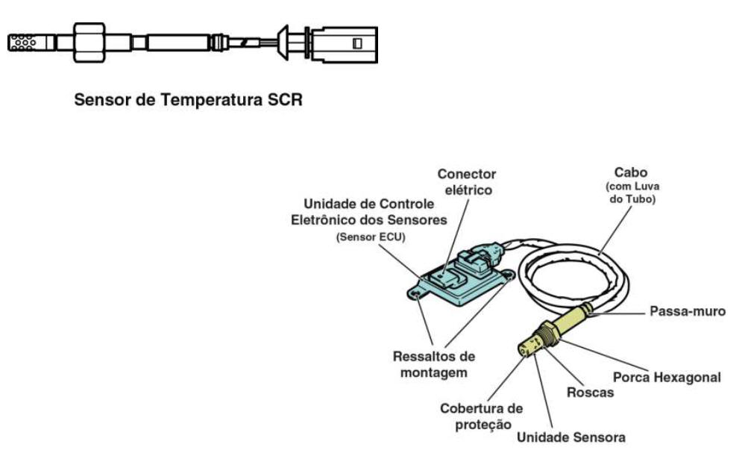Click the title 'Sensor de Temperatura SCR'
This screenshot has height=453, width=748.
click(189, 100)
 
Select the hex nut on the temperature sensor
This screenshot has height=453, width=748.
click(89, 43)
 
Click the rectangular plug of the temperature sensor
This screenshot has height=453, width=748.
click(345, 44)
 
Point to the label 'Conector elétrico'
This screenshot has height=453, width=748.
click(467, 182)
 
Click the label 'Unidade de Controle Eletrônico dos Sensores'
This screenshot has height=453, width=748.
click(368, 212)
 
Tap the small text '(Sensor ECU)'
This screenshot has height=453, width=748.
click(371, 237)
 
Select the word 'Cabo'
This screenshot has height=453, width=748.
click(631, 172)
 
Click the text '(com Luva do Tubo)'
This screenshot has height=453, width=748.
click(632, 193)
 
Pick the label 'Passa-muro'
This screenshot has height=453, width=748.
click(688, 311)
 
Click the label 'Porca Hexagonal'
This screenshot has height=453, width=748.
click(667, 378)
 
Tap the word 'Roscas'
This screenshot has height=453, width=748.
click(590, 393)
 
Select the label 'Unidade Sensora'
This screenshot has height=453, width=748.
click(571, 437)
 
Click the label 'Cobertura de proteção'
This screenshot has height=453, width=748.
click(482, 416)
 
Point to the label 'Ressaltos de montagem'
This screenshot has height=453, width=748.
click(433, 364)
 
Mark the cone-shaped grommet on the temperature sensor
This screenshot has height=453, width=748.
click(283, 43)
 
